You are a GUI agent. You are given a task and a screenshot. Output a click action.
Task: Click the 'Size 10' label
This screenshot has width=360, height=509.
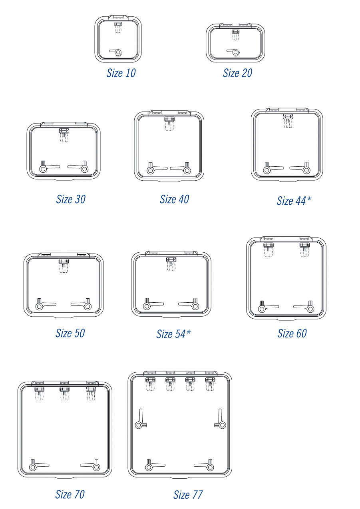pyautogui.click(x=121, y=73)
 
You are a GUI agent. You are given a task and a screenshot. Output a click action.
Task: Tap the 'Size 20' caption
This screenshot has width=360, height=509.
pyautogui.click(x=238, y=73)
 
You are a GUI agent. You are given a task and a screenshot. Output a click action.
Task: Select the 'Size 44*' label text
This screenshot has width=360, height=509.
pyautogui.click(x=294, y=201)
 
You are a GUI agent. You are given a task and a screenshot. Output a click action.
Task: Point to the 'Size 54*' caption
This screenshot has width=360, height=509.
pyautogui.click(x=173, y=334)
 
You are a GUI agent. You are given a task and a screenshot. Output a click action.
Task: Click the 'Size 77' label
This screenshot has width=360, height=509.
pyautogui.click(x=188, y=495)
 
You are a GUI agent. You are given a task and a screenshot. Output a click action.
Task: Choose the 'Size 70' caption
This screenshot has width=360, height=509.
pyautogui.click(x=70, y=494)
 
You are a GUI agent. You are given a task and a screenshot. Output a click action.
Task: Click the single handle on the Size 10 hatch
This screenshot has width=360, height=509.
pyautogui.click(x=116, y=52)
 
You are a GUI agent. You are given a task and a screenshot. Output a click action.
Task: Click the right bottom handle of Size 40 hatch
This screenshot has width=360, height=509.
pyautogui.click(x=181, y=168)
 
